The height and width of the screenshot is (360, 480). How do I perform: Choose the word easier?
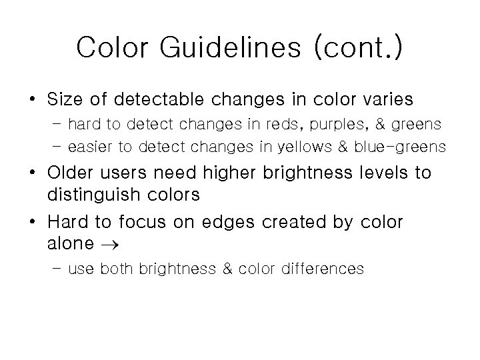91,147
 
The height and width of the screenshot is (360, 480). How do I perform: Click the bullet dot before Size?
33,101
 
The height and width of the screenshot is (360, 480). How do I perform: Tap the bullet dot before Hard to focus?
33,222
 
